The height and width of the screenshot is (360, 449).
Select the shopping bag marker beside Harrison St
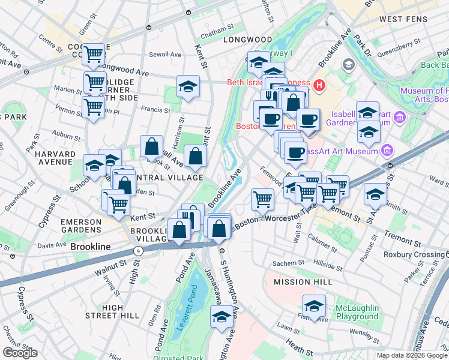[x=151, y=146]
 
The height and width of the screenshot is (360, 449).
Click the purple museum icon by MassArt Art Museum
[x=387, y=149]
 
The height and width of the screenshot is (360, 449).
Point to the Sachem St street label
[x=289, y=263]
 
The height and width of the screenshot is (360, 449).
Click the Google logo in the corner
[x=20, y=353]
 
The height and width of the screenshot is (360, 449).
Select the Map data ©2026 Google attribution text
[x=412, y=355]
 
